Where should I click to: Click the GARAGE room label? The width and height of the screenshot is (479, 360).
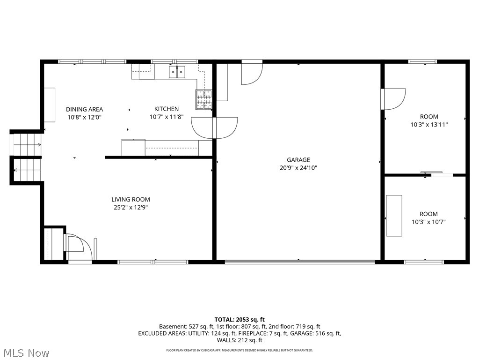click(x=298, y=160)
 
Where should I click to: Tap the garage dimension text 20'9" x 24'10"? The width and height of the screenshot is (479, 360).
click(x=298, y=168)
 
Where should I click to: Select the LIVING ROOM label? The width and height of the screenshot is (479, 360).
click(x=131, y=200)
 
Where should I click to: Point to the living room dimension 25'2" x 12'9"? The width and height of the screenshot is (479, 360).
click(x=131, y=208)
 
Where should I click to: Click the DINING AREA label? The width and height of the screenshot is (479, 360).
click(x=84, y=109)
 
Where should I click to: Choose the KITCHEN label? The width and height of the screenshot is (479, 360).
click(x=167, y=109)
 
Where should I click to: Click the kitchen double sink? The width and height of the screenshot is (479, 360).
click(x=177, y=71)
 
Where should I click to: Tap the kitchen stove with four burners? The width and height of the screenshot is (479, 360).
click(x=203, y=99)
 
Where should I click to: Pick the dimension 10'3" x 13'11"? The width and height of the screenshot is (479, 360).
click(x=428, y=125)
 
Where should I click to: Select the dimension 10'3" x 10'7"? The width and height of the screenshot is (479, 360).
click(x=428, y=222)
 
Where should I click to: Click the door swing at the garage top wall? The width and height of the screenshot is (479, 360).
click(x=251, y=74)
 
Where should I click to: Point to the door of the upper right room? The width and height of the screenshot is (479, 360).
click(x=392, y=99)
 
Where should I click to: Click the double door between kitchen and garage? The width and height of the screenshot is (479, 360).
click(x=214, y=127)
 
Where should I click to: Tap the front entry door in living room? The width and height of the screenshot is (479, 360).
click(x=76, y=247)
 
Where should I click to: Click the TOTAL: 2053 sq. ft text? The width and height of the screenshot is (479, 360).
click(x=239, y=319)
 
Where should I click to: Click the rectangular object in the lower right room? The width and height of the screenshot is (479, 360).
click(x=394, y=216)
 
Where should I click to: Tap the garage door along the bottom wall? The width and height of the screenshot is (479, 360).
click(x=299, y=261)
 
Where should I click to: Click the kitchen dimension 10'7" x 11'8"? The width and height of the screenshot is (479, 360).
click(x=167, y=117)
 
